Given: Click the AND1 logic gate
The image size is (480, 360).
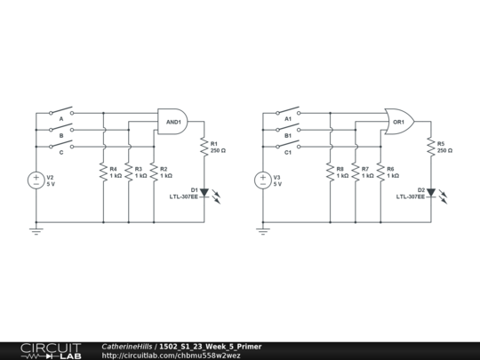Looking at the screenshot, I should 172,122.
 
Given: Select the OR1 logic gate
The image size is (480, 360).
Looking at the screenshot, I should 397,122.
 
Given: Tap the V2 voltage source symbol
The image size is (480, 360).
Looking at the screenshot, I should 36,180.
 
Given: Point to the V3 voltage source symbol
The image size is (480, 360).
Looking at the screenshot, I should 263,180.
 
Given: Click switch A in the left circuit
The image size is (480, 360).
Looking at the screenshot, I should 61,113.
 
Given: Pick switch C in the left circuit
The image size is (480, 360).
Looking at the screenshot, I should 61,147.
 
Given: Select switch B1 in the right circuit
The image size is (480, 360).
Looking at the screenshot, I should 288,130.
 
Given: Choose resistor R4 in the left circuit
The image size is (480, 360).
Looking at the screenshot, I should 103,172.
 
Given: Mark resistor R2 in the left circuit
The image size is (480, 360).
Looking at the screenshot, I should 154,172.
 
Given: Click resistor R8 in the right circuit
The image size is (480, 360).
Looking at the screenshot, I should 330,172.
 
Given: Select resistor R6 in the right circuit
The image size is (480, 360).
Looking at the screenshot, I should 380,172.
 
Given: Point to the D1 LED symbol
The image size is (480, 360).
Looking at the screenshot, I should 204,192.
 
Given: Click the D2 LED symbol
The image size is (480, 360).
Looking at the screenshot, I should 431,192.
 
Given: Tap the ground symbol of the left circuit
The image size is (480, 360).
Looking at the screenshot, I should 36,230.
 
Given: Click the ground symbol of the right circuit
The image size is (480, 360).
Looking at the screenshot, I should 263,230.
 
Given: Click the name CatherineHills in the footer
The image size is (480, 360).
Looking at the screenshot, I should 127,346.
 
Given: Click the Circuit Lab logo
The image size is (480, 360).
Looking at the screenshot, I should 51,350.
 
